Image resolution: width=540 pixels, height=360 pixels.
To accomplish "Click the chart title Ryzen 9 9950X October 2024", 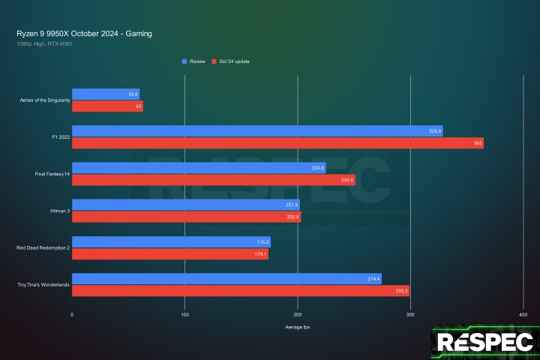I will coord(88,34).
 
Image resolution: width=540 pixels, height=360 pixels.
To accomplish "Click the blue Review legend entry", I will coord(196,61).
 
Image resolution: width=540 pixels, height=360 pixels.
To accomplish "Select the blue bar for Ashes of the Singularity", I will coord(105,94).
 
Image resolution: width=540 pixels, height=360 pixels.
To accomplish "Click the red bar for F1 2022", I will coord(277,143).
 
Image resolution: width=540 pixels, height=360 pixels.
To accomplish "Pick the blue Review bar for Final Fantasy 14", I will coord(199,168).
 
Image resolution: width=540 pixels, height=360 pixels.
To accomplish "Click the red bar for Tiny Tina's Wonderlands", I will coord(240,292).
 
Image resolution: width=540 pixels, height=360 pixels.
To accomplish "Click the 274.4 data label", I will coord(373,279).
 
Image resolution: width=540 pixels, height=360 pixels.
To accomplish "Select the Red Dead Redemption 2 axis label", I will coord(42,248).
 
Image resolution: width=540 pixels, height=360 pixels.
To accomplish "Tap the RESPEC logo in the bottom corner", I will coord(485,343).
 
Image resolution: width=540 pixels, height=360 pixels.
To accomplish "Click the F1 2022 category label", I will coord(57,137).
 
